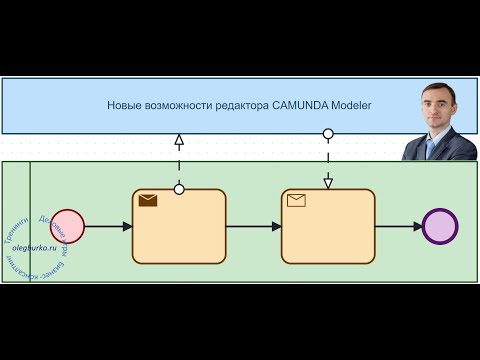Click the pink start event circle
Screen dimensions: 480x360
67,226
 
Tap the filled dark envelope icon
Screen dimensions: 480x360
148,200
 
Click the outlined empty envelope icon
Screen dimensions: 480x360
296,200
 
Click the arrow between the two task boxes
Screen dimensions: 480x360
253,227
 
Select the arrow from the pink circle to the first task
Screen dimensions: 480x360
108,227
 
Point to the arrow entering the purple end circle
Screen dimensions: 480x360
399,227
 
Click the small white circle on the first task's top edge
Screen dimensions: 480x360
179,189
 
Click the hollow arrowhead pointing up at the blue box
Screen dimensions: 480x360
179,140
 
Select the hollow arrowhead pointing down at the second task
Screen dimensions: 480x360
328,181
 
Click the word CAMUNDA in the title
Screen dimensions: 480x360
299,105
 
